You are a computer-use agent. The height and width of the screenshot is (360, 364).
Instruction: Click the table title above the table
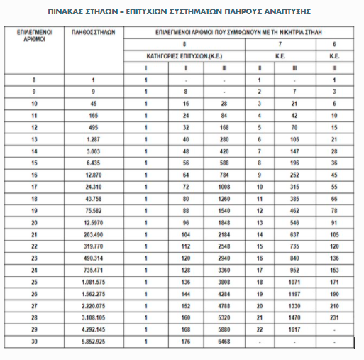(180, 12)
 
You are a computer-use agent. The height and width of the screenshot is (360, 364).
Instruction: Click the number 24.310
(94, 186)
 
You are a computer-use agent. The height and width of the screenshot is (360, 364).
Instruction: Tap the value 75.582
(94, 210)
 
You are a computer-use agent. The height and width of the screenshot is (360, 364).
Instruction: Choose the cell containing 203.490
(94, 234)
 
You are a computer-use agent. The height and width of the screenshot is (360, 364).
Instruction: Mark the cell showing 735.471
(94, 271)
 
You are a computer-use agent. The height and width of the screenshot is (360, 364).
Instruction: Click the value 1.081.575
(94, 283)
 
